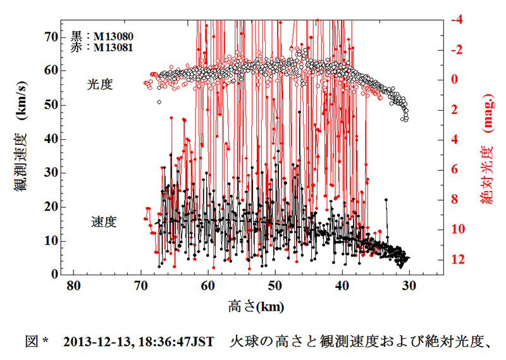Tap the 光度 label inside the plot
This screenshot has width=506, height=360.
(100, 84)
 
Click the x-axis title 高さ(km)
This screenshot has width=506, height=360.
(256, 307)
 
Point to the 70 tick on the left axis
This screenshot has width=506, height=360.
(51, 37)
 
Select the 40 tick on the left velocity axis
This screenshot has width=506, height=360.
(51, 139)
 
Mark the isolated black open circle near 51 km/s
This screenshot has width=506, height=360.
(159, 101)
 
